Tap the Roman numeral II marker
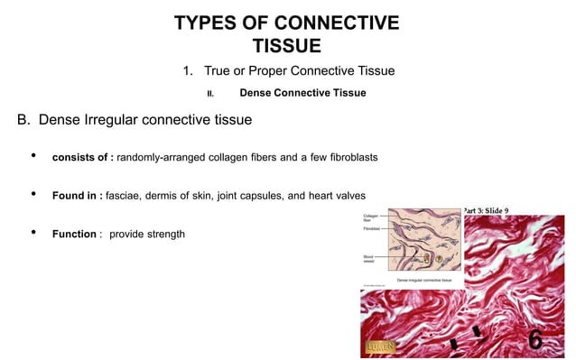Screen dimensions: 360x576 tap(210, 93)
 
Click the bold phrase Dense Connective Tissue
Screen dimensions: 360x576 tap(302, 92)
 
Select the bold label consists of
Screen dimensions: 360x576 tap(82, 158)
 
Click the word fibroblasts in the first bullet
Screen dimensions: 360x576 tap(347, 158)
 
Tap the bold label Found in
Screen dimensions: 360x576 tap(76, 196)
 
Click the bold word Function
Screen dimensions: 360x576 tap(74, 235)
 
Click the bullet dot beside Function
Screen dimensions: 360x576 tap(33, 235)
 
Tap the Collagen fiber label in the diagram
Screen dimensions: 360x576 tap(370, 218)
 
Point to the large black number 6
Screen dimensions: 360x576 tap(535, 340)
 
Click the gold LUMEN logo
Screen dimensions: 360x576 tap(380, 346)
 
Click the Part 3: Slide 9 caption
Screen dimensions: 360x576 tap(491, 210)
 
